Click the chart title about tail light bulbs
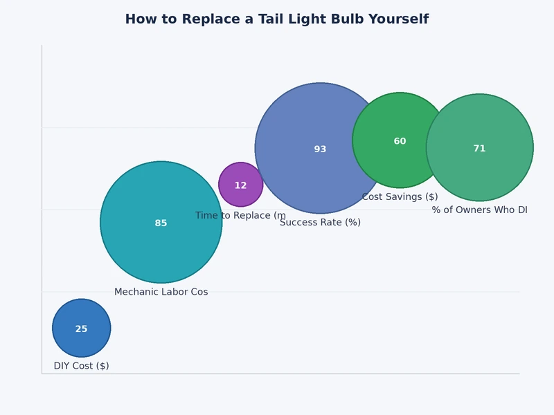276,19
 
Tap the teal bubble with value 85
161,242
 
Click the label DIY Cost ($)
81,366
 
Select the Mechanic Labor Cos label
161,292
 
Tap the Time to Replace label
240,216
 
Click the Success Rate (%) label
320,223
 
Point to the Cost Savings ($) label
400,197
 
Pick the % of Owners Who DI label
479,210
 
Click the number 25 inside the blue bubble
81,329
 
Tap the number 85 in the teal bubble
161,223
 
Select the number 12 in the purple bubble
240,186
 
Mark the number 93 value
320,149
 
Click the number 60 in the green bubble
400,142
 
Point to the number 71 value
479,149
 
